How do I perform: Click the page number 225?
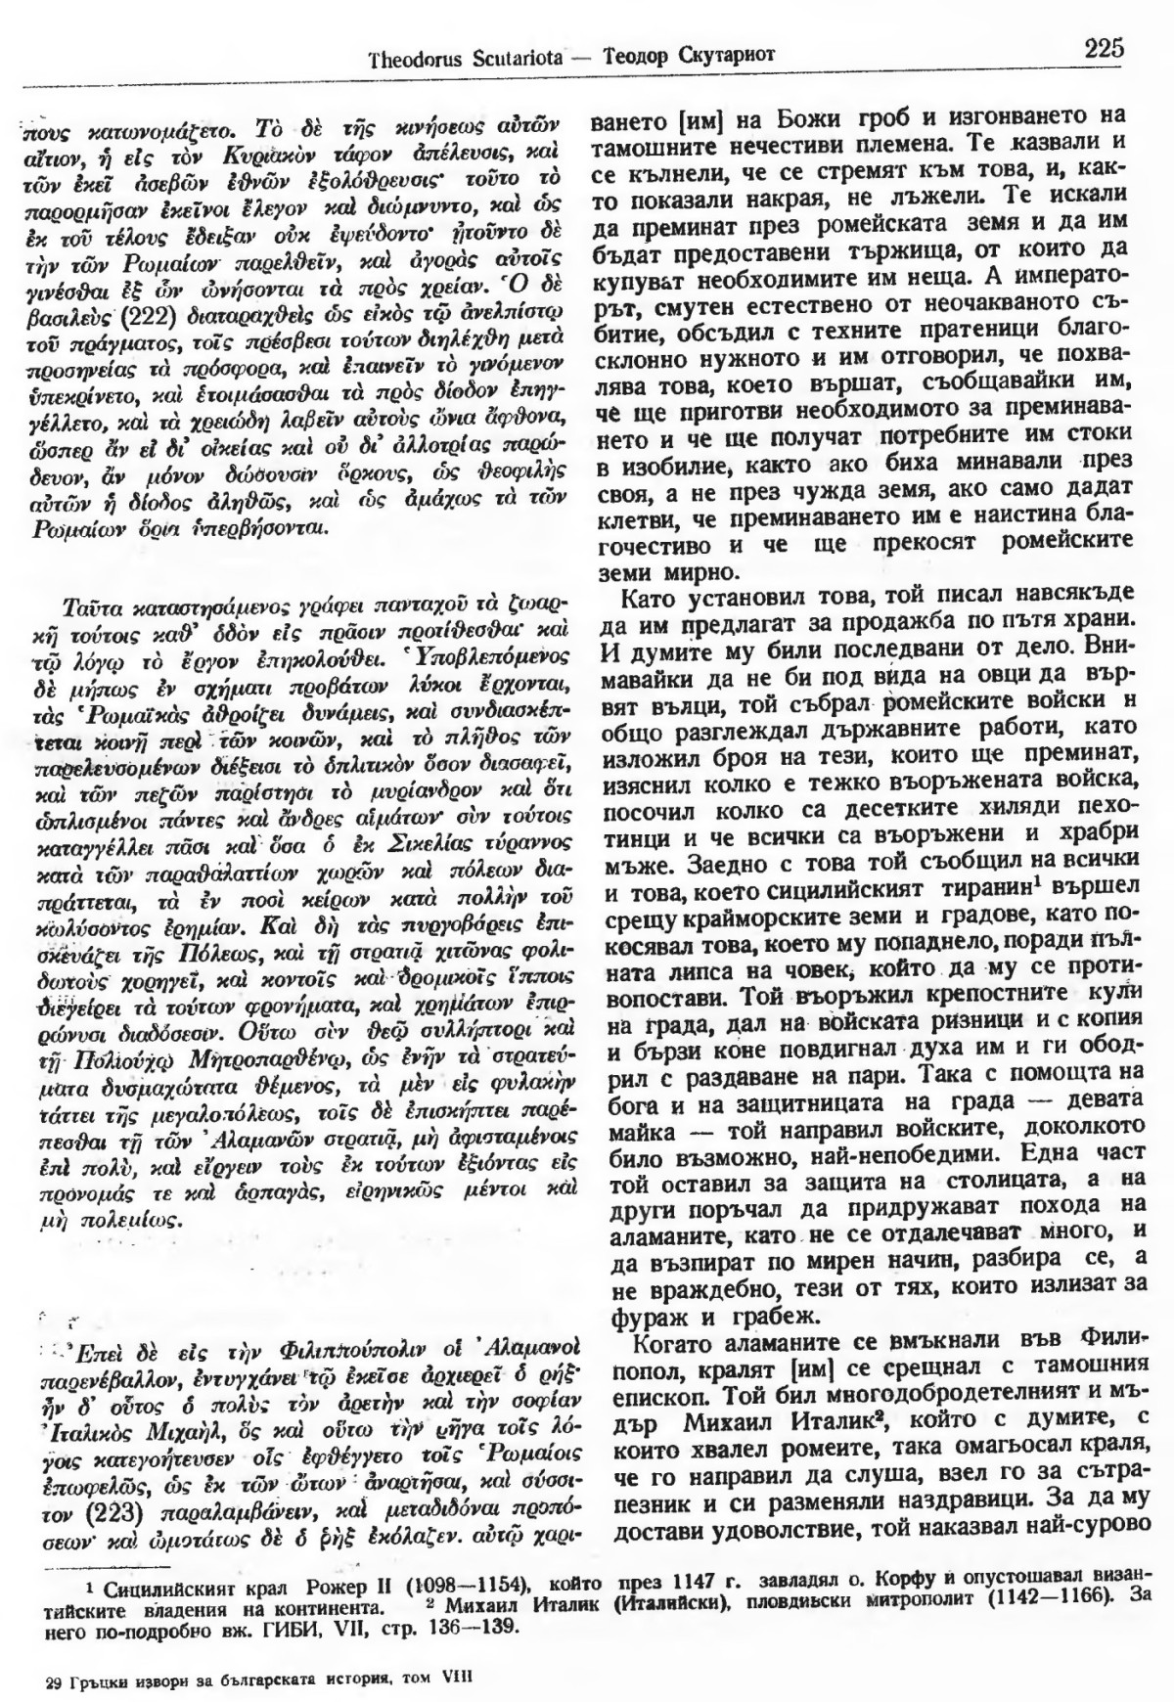(x=1104, y=47)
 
